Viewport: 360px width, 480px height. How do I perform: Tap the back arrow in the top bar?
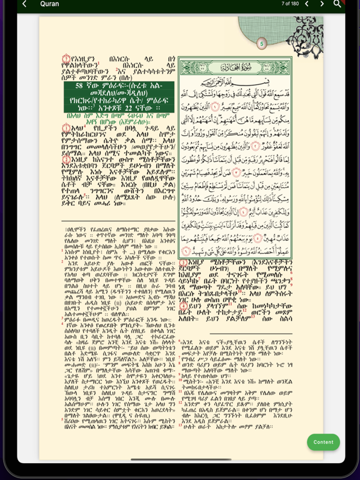(x=24, y=4)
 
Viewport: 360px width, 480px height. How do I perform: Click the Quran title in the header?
(x=49, y=4)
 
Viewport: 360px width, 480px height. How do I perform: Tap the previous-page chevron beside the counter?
(x=306, y=4)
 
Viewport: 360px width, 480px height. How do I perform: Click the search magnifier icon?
(x=337, y=4)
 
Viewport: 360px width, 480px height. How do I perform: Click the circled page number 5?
(x=262, y=44)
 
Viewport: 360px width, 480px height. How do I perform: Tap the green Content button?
(x=323, y=442)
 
